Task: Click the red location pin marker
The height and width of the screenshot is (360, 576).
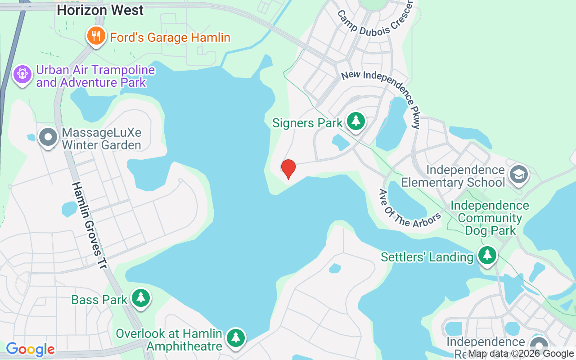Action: point(288,169)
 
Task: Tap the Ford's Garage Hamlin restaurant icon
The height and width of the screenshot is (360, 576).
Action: point(95,36)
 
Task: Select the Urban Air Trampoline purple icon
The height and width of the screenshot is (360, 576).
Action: point(22,74)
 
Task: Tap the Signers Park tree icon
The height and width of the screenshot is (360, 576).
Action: point(356,121)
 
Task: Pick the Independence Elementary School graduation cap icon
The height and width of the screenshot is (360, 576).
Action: point(518,174)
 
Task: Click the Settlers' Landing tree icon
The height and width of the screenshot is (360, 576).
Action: point(486,255)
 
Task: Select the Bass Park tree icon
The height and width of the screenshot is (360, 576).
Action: point(141,297)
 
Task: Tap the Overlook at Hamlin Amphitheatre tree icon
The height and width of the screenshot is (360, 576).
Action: point(235,338)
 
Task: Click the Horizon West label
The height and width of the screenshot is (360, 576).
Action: point(100,10)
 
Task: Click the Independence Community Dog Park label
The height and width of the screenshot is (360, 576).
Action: point(490,218)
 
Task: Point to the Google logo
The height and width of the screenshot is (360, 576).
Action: point(30,349)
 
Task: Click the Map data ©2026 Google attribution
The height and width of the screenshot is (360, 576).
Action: point(521,354)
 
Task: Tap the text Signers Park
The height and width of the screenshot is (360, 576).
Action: point(307,123)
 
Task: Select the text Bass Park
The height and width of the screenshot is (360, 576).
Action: point(99,300)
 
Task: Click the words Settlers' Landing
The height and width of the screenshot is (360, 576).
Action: point(427,257)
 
